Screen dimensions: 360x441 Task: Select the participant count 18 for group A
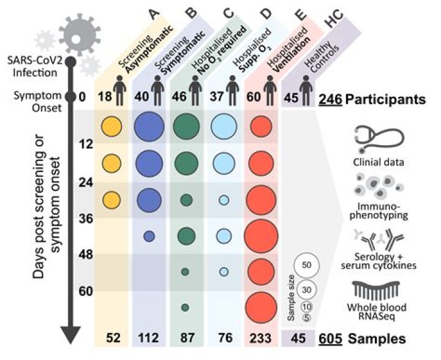[104, 96]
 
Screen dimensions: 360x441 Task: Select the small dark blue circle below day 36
[148, 236]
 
